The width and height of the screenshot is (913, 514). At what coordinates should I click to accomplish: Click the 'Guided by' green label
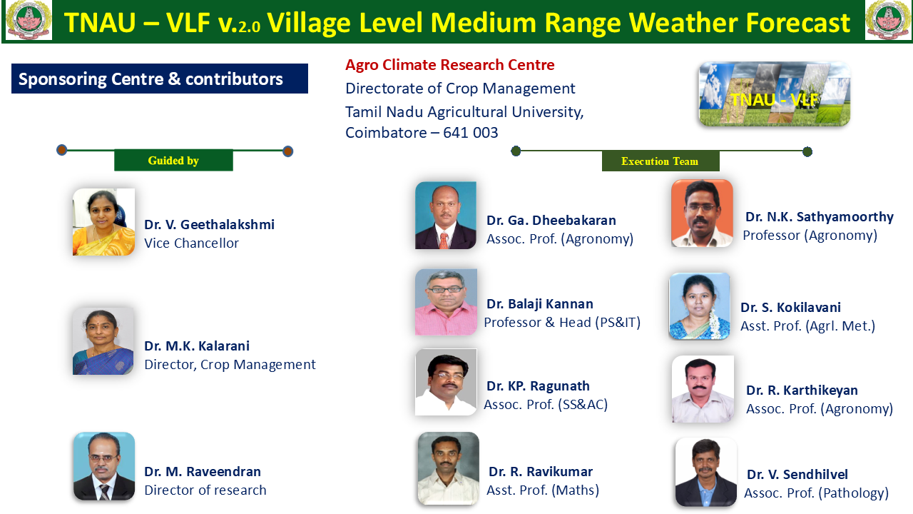173,161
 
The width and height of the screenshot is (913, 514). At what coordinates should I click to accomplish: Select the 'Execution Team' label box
660,161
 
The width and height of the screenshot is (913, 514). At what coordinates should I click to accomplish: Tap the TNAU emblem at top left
29,20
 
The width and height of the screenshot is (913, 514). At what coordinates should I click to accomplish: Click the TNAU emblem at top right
888,20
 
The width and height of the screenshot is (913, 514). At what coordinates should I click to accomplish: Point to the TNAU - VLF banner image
775,94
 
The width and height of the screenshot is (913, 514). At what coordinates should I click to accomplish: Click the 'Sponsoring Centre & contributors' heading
151,79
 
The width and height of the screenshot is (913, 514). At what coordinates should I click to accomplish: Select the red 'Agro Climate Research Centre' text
450,65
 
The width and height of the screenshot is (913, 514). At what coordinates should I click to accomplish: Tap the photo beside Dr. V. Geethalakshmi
103,222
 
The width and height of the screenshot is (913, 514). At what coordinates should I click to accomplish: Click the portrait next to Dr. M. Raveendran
104,466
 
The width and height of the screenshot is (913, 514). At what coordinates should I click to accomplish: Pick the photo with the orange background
702,213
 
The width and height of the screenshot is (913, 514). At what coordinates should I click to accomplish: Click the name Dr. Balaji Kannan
540,304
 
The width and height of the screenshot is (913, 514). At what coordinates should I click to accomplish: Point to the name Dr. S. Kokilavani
790,307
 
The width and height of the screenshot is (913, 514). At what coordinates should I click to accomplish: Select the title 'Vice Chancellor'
192,243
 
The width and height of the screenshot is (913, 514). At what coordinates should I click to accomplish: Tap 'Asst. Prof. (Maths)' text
543,490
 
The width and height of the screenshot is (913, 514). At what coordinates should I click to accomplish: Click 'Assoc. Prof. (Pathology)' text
817,493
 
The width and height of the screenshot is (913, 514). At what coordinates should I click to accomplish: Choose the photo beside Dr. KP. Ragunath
446,382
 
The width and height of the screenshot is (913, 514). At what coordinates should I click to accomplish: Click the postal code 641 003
470,133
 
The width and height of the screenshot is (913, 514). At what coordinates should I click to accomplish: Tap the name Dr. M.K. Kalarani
197,346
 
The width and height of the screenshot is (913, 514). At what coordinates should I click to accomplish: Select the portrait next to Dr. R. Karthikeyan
703,389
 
